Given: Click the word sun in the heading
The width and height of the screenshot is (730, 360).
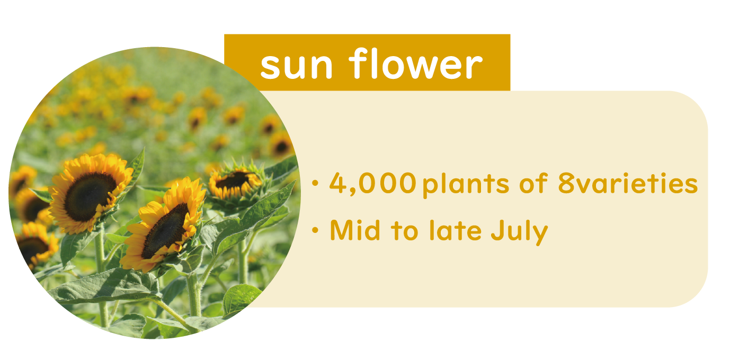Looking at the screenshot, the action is click(x=296, y=66).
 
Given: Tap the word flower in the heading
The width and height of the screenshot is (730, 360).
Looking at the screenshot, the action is click(x=415, y=63).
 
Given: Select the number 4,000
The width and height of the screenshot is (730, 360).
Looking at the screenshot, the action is click(x=373, y=183).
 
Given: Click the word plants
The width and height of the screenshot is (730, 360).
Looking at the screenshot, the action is click(x=466, y=184).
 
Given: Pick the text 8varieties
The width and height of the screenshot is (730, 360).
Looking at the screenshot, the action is click(x=628, y=183).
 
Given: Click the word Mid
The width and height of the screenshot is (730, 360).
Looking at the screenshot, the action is click(x=355, y=230).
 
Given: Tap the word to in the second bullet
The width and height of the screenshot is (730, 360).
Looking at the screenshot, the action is click(x=404, y=231).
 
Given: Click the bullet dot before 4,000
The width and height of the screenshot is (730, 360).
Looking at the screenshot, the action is click(x=315, y=183).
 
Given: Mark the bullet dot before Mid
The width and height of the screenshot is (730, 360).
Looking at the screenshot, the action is click(x=315, y=230).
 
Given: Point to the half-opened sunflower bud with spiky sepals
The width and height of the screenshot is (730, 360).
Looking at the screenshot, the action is click(x=236, y=183).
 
